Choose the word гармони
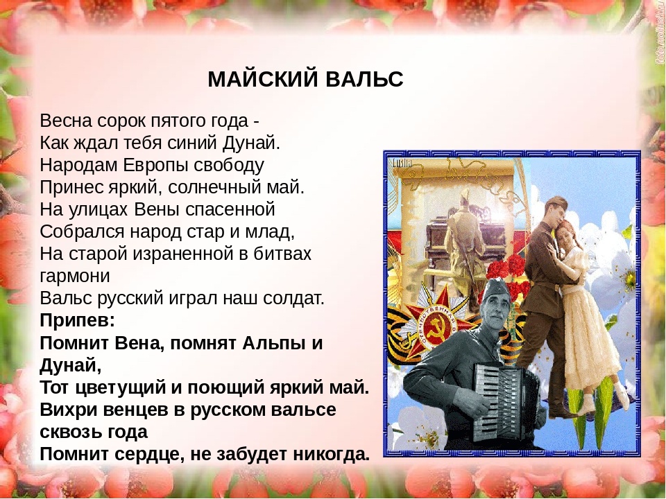75,276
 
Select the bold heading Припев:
77,320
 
